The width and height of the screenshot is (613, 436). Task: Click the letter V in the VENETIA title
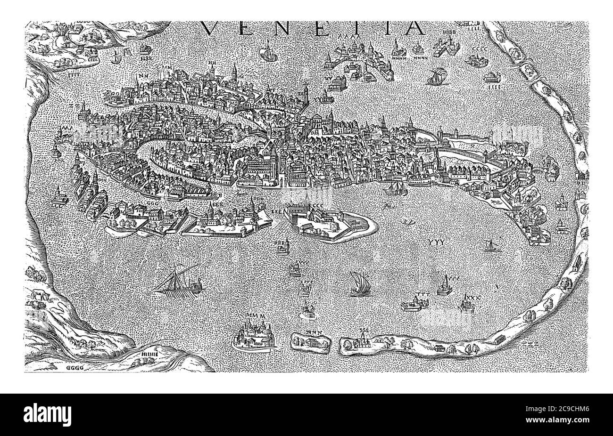212,28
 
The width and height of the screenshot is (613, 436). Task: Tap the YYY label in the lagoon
438,242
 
